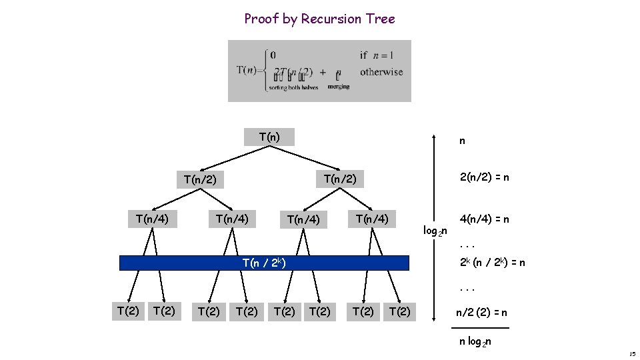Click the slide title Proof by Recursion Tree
(319, 19)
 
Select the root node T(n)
(269, 137)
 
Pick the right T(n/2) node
(340, 179)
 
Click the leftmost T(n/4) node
(153, 219)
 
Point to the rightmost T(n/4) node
(372, 219)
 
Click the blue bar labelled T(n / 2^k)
(264, 263)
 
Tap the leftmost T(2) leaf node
(127, 311)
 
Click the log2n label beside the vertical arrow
(435, 231)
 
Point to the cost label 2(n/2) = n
(485, 178)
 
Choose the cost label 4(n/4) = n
(485, 219)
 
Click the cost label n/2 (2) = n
(481, 312)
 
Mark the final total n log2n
(475, 342)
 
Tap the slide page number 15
(633, 353)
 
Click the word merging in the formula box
(339, 87)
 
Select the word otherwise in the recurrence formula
(381, 72)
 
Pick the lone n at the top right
(462, 141)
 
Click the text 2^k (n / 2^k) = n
(493, 263)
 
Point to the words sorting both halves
(294, 87)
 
